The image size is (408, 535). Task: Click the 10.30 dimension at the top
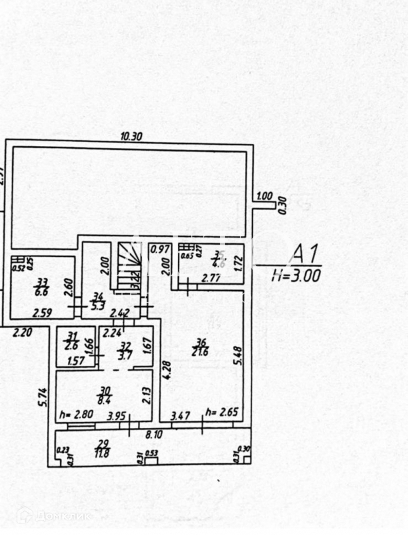[x=131, y=137]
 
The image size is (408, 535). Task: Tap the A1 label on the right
[x=305, y=255]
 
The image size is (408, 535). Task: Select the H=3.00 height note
[x=297, y=276]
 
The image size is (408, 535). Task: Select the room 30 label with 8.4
[x=105, y=393]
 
